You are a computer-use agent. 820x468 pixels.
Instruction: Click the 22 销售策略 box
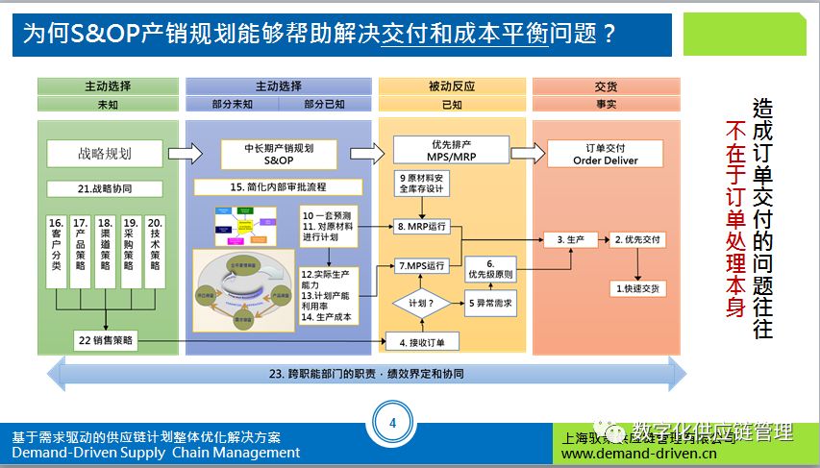pyautogui.click(x=106, y=339)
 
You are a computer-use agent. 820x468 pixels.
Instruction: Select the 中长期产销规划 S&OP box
pyautogui.click(x=278, y=154)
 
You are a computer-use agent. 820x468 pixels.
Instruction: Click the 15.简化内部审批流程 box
pyautogui.click(x=278, y=186)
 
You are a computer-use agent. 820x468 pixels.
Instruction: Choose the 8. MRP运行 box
pyautogui.click(x=422, y=228)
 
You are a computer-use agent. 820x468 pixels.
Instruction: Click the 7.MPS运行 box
pyautogui.click(x=422, y=265)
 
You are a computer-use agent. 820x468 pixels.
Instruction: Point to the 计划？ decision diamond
pyautogui.click(x=421, y=302)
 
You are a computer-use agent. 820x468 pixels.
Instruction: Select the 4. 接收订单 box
pyautogui.click(x=422, y=341)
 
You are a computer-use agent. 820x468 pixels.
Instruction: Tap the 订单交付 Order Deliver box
pyautogui.click(x=605, y=154)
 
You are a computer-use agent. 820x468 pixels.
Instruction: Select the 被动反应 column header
pyautogui.click(x=451, y=86)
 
